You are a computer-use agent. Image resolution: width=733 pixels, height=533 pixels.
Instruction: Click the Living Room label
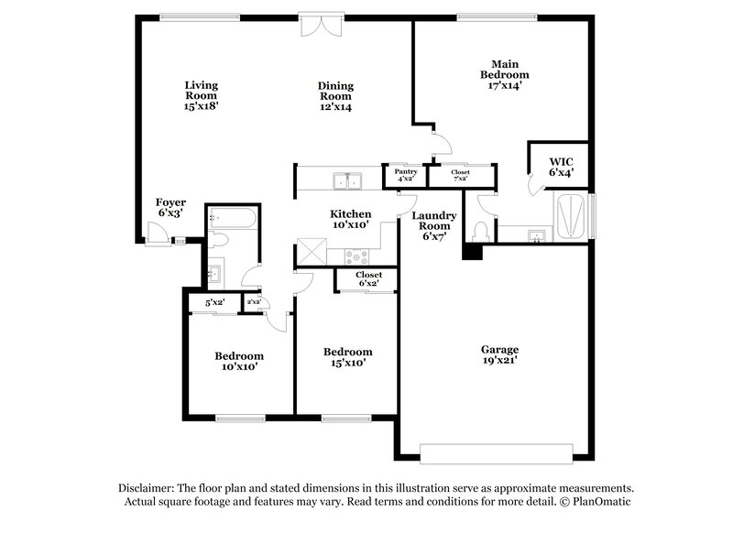coord(202,95)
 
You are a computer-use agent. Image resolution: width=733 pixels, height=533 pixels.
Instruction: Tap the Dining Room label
coord(336,96)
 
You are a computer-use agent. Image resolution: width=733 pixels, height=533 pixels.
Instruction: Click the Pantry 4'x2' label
coord(405,174)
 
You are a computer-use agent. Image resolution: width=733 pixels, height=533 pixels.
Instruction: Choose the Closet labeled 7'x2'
coord(460,174)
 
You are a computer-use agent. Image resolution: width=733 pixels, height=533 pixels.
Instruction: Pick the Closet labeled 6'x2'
coord(368,279)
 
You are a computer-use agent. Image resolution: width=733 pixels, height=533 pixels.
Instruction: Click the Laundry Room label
coord(433,225)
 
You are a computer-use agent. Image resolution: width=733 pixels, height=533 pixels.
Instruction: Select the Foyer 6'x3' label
coord(170,207)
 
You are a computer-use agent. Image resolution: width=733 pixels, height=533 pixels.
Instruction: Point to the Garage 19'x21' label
coord(500,355)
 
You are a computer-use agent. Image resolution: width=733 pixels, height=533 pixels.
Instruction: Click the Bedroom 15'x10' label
coord(348,357)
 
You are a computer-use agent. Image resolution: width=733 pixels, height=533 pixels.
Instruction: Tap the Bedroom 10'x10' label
coord(239,361)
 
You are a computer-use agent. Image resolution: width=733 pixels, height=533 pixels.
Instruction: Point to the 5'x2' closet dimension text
coord(214,301)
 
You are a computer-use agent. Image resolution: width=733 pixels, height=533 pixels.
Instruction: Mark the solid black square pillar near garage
coord(472,250)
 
